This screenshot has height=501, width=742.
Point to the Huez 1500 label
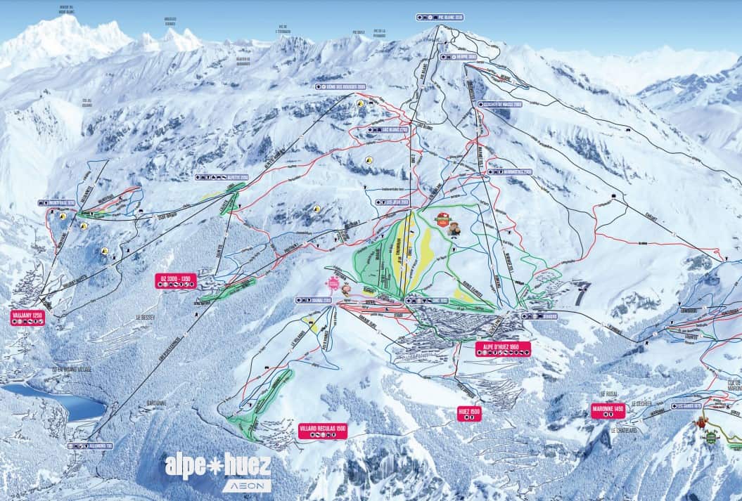pyautogui.click(x=468, y=413)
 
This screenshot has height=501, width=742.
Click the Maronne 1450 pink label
pyautogui.click(x=608, y=411)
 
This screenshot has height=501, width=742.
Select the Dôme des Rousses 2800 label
pyautogui.click(x=340, y=87)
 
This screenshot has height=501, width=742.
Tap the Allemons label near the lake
pyautogui.click(x=91, y=445)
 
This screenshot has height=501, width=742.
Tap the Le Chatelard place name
pyautogui.click(x=624, y=430)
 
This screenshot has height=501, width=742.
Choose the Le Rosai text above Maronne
pyautogui.click(x=608, y=394)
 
